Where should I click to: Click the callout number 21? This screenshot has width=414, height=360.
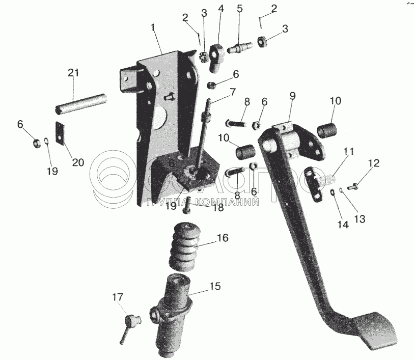click(73, 73)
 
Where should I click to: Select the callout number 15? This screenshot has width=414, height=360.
click(215, 287)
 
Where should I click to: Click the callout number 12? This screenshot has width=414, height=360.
click(374, 163)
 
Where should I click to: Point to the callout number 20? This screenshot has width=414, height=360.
click(77, 162)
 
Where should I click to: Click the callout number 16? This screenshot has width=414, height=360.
click(222, 238)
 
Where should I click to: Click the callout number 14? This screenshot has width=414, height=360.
click(344, 225)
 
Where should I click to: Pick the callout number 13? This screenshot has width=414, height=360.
click(360, 219)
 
